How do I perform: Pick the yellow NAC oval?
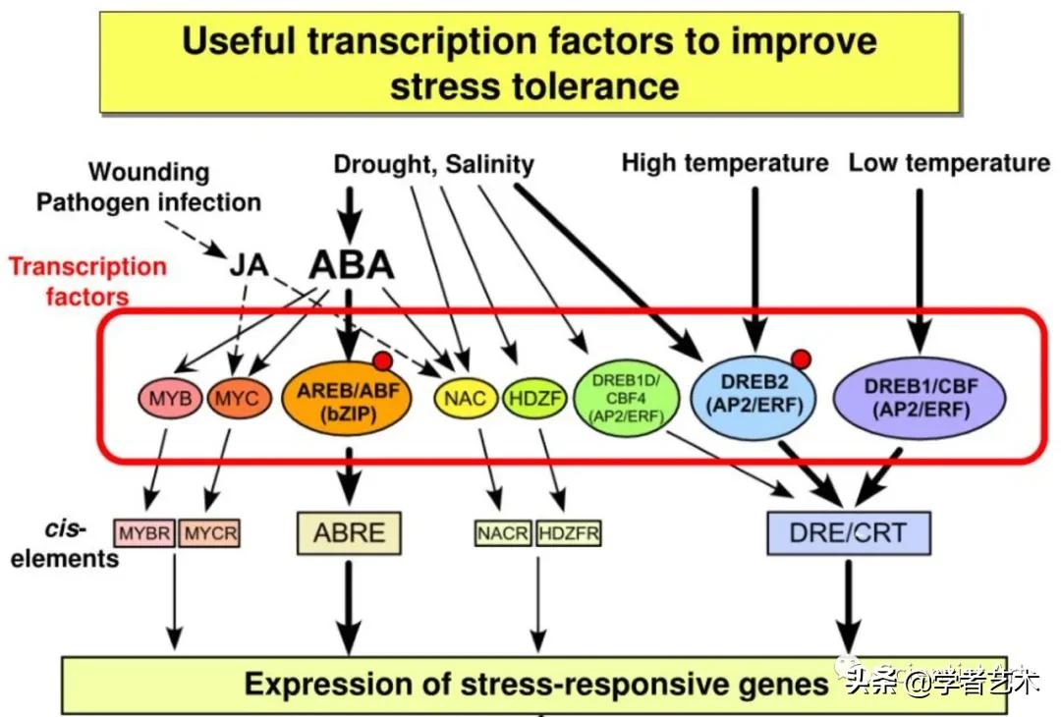point(466,400)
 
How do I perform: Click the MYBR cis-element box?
point(145,533)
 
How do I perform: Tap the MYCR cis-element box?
point(208,533)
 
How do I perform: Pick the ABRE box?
point(349,532)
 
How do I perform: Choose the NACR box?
point(503,533)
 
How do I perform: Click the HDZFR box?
point(569,533)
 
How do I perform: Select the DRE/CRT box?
point(848,533)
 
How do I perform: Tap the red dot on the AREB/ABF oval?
point(383,360)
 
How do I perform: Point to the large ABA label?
point(351,265)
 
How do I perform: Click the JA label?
point(251,265)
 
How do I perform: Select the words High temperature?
point(725,163)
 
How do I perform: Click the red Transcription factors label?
point(87,280)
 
